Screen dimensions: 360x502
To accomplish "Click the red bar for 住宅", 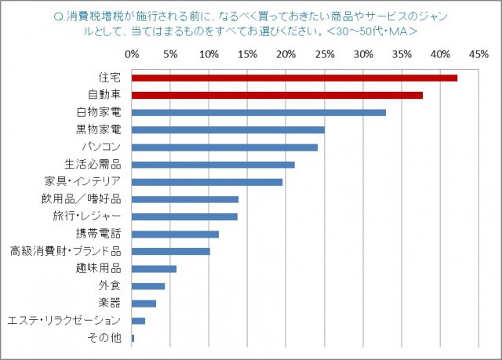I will click(x=294, y=78).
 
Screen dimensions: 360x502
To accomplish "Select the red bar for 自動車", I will click(x=277, y=95).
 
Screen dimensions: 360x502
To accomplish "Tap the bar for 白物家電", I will click(x=259, y=112).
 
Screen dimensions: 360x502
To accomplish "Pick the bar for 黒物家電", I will click(x=228, y=129).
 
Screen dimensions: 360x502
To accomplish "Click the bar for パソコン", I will click(x=224, y=147).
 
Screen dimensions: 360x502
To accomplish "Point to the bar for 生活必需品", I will click(x=213, y=165).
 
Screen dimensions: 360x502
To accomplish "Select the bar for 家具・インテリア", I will click(x=207, y=182).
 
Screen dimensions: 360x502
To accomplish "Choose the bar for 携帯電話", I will click(x=175, y=234).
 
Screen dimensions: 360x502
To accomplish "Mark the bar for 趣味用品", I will click(x=154, y=269).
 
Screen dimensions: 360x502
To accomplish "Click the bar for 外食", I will click(x=148, y=286).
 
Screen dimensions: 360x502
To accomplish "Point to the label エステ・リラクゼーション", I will click(x=64, y=321).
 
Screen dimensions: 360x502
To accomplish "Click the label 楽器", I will click(x=110, y=304).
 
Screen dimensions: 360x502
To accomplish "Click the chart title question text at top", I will click(x=251, y=23).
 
